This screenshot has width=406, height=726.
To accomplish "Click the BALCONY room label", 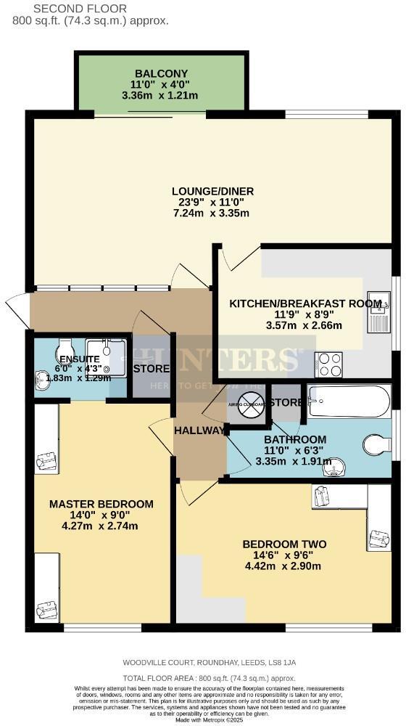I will (161, 73).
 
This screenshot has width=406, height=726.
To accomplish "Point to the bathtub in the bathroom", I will (349, 401).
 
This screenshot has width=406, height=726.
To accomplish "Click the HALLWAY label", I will (199, 431).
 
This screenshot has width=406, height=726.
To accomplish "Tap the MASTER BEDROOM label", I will (101, 504).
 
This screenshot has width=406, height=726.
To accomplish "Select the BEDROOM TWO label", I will (284, 544).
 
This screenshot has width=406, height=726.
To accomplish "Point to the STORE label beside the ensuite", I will (152, 368).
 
